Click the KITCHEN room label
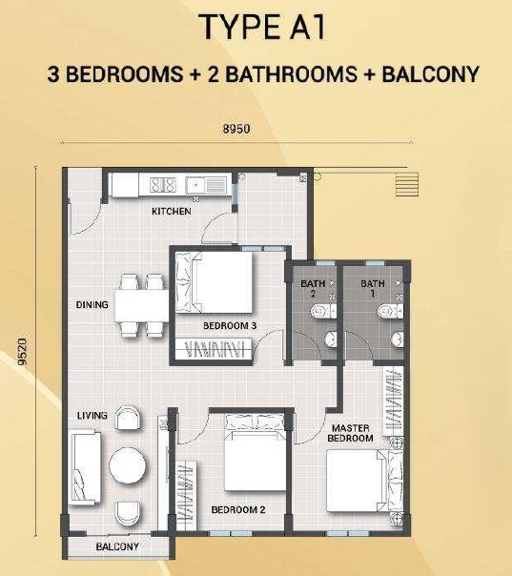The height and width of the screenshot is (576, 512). tap(172, 211)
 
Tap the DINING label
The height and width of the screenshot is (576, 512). tap(92, 304)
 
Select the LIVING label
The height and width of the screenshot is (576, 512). tap(92, 416)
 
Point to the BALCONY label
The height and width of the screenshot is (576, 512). tap(117, 546)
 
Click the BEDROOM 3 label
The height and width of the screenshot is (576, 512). tap(230, 325)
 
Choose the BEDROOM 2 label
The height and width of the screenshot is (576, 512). tap(238, 509)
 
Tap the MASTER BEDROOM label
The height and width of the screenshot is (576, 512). tap(351, 433)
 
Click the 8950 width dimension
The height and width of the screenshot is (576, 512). tap(236, 129)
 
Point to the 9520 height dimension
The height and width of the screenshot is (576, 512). tap(23, 352)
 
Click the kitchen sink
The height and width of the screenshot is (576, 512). tap(206, 185)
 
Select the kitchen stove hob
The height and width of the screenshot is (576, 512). tap(163, 185)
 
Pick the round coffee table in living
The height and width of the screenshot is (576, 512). tap(128, 466)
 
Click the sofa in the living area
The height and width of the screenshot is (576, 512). tap(85, 467)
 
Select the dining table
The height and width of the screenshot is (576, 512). tap(142, 306)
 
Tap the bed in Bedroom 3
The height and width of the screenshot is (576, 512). tap(214, 282)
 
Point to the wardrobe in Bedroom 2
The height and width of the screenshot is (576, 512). tap(186, 496)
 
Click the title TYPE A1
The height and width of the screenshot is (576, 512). tap(263, 27)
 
